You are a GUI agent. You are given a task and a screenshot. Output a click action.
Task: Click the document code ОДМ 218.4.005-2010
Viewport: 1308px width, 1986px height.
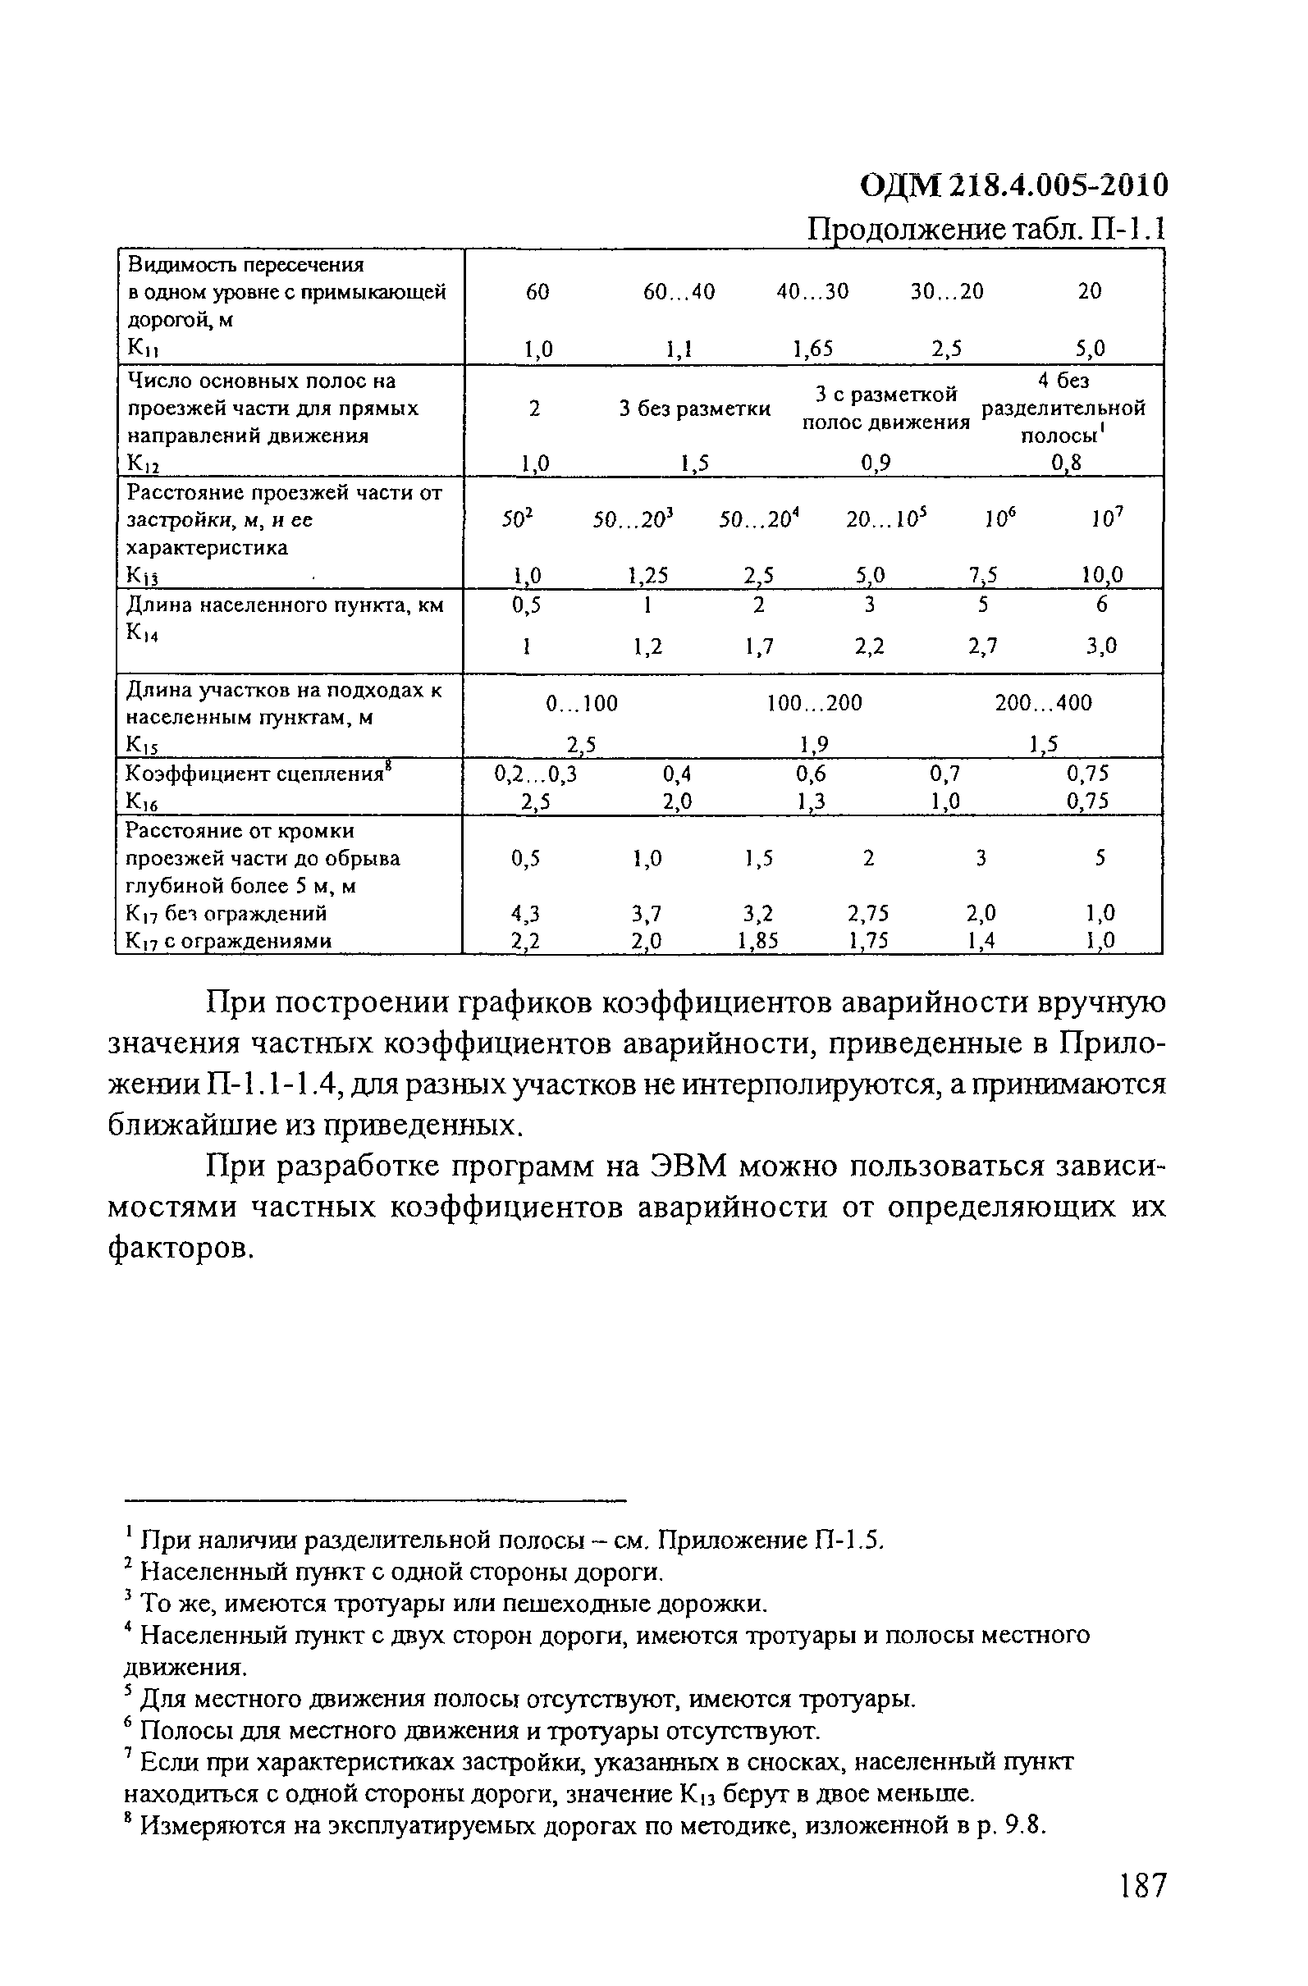1013,185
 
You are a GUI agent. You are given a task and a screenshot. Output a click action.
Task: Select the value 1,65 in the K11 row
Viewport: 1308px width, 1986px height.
812,349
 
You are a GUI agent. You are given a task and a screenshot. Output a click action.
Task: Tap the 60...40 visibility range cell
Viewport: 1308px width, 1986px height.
679,291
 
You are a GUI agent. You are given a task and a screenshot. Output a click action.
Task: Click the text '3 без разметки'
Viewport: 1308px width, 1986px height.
694,409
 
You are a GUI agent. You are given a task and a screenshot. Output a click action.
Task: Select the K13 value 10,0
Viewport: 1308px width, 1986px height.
1102,575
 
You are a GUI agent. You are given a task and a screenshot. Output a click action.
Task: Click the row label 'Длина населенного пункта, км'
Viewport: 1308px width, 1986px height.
284,605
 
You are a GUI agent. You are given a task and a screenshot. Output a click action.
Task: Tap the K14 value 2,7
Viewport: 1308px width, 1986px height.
982,646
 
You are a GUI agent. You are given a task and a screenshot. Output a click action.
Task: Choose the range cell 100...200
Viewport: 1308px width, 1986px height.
814,704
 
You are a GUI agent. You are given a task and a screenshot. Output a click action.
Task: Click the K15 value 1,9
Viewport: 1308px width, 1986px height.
814,744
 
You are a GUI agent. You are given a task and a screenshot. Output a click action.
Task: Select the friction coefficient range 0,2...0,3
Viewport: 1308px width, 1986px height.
536,774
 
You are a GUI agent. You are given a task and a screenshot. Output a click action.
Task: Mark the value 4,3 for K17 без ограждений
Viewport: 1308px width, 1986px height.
526,914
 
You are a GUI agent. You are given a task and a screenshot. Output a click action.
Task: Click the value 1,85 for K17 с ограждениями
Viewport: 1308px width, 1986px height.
758,941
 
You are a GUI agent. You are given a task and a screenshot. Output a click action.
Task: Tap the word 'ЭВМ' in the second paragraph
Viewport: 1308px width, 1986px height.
687,1166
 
